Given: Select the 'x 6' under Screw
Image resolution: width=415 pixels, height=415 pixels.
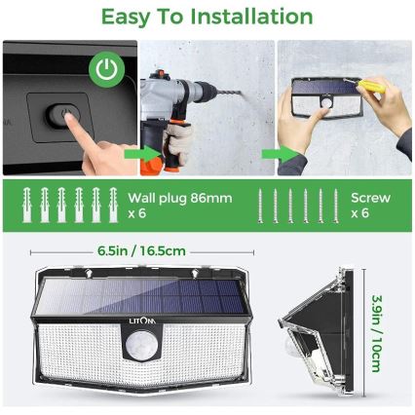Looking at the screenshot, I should click(x=360, y=213).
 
